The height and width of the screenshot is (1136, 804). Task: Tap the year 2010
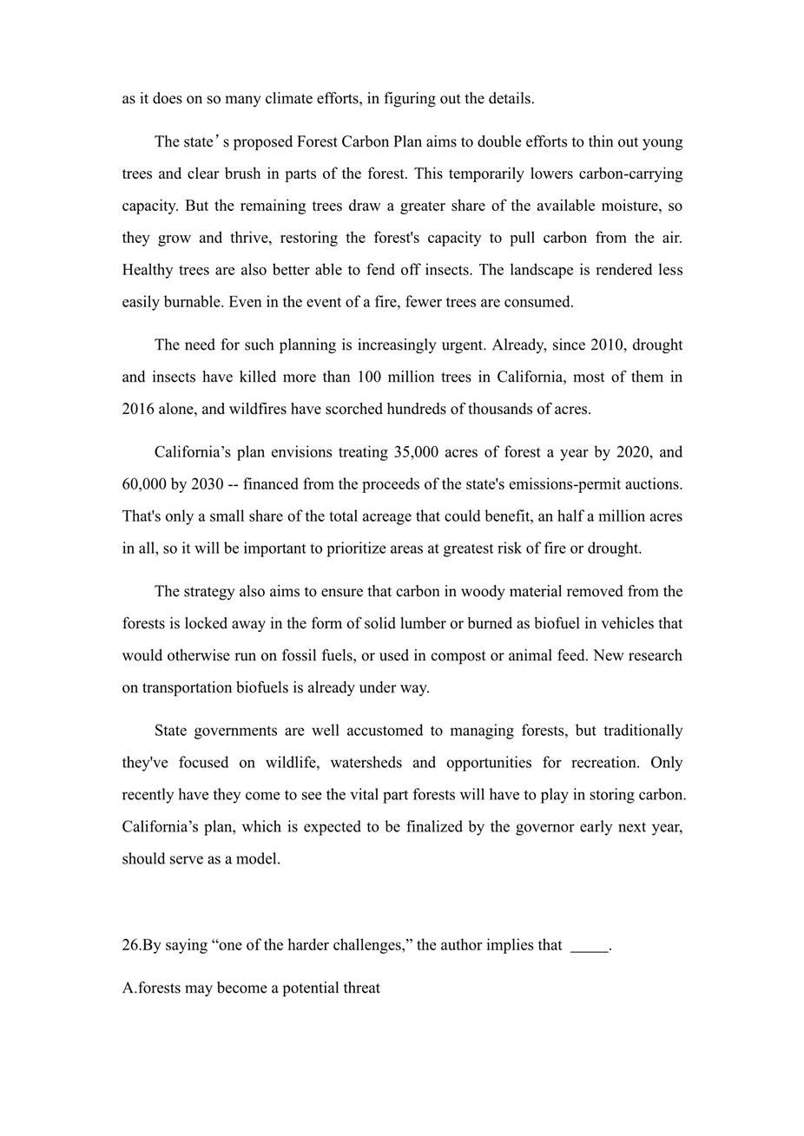tap(607, 345)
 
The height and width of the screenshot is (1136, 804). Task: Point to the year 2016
tap(139, 409)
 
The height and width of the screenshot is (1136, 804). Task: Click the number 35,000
tap(416, 452)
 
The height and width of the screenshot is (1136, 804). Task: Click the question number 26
tap(130, 945)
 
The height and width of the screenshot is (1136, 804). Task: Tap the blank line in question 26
tap(590, 948)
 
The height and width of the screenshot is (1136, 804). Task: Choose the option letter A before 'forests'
tap(128, 988)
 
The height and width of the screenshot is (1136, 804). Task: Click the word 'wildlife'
tap(291, 763)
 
